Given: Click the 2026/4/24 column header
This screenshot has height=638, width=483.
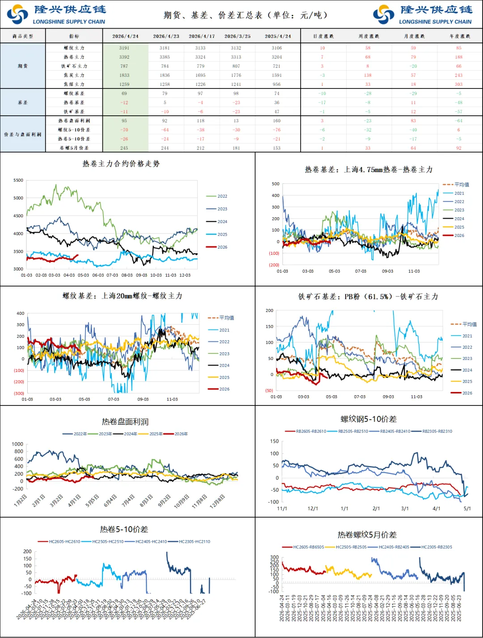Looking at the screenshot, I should [x=125, y=36].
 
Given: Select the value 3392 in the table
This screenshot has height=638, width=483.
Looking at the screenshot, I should [x=124, y=57].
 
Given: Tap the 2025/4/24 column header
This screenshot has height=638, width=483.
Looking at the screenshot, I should [x=277, y=36].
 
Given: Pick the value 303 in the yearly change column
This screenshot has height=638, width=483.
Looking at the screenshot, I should [x=458, y=85].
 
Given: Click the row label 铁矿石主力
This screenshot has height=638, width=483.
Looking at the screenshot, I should [x=74, y=66].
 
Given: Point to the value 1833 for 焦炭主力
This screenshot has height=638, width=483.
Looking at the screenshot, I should [x=124, y=76].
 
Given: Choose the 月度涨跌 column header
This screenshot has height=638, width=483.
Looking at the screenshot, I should [x=413, y=36].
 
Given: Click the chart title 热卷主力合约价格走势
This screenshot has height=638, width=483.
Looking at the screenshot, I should [x=121, y=164].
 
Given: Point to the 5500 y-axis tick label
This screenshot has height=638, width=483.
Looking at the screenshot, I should [x=18, y=180].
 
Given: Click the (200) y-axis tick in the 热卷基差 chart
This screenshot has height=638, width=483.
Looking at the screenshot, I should [x=274, y=265].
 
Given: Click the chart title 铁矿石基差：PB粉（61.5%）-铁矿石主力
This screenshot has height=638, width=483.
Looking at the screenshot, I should [x=368, y=296].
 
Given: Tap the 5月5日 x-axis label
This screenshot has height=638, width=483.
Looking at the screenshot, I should [x=92, y=500].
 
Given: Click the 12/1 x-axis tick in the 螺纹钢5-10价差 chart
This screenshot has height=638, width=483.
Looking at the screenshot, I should [x=313, y=509].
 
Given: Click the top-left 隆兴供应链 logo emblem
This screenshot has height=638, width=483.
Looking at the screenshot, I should [x=17, y=14].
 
